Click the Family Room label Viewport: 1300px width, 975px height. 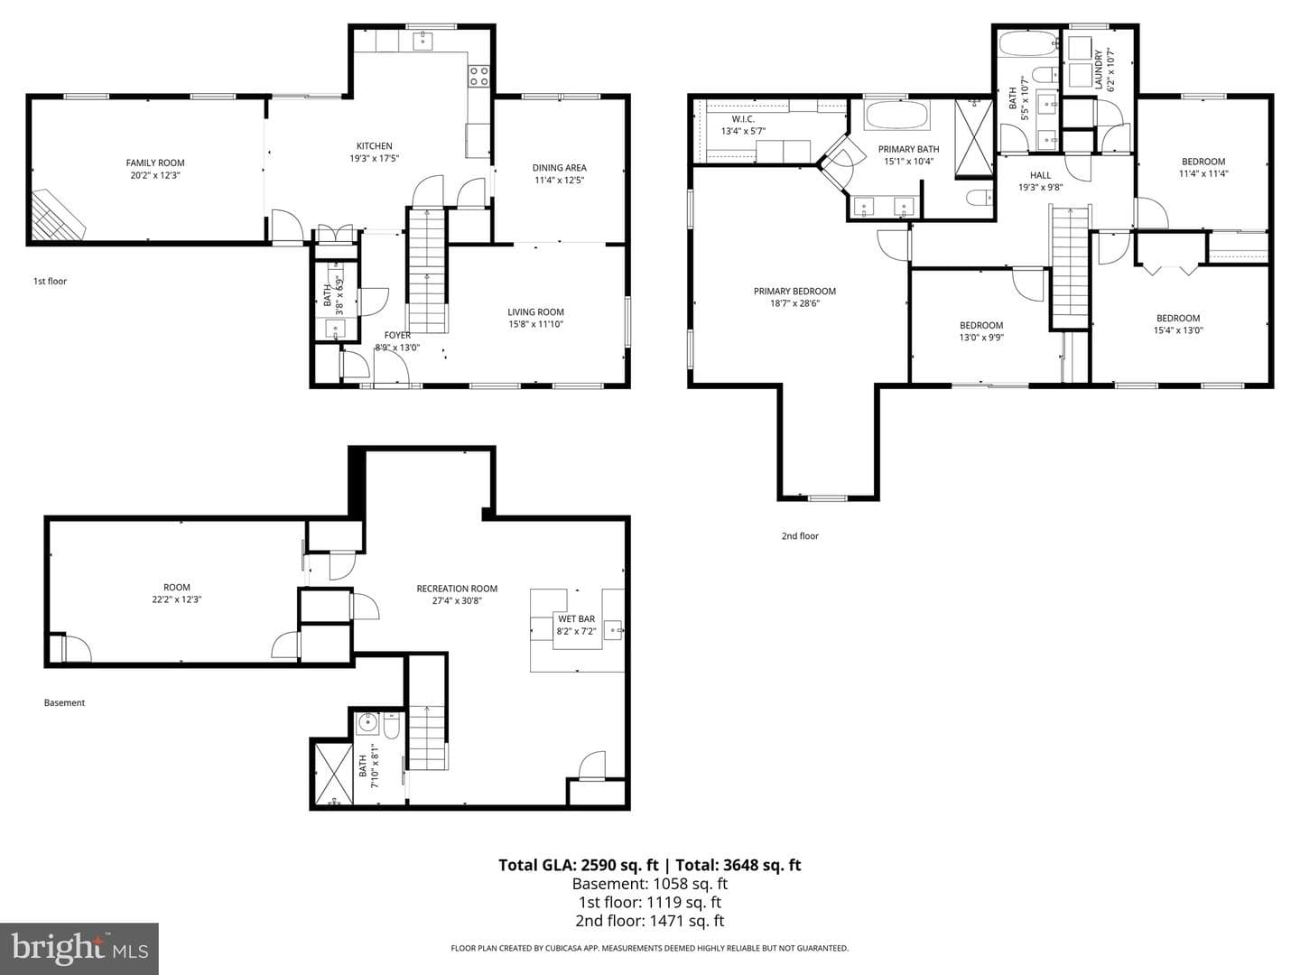[x=155, y=162]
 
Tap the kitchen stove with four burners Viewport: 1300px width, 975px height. [x=479, y=77]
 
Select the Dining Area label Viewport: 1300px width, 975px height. [x=559, y=168]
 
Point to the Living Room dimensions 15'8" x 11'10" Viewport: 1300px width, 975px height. [x=535, y=324]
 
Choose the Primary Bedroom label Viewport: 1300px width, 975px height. [x=794, y=292]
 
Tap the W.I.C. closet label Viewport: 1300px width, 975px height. [x=743, y=119]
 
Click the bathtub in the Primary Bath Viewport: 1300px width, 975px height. [x=896, y=115]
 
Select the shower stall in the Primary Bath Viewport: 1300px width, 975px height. [x=974, y=138]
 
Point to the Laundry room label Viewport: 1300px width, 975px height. [x=1099, y=70]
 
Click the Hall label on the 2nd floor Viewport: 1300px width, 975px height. [x=1040, y=175]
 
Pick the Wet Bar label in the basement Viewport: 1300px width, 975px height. [x=576, y=619]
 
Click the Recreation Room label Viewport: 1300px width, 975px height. [x=457, y=589]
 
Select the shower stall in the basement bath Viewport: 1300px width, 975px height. [x=333, y=773]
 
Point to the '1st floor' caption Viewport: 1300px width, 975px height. [x=50, y=281]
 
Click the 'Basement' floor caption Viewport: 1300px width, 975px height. [x=65, y=702]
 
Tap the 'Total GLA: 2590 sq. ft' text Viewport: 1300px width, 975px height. [x=578, y=865]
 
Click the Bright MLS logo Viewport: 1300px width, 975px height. [x=79, y=949]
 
